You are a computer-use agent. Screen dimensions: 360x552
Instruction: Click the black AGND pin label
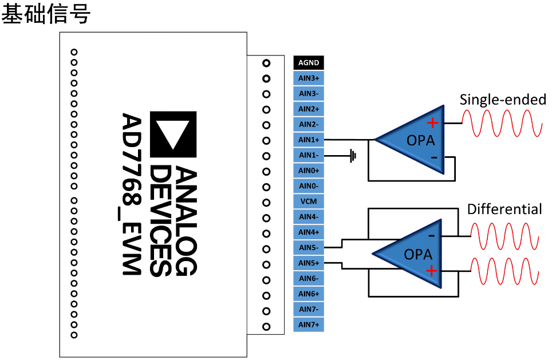(309, 63)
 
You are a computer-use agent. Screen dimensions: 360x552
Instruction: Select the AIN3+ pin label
(309, 78)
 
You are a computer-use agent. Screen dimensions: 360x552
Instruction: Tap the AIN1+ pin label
(309, 140)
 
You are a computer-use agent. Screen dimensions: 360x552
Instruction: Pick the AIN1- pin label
(309, 156)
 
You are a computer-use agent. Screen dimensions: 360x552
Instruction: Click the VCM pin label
(309, 201)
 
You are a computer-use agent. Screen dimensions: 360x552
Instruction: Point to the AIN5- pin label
(309, 248)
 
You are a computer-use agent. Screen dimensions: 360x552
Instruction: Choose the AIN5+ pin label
(309, 263)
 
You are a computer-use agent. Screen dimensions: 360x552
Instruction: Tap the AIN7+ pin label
(309, 325)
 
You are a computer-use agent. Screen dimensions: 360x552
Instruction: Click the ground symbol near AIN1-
(353, 155)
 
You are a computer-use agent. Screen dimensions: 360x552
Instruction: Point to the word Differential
(504, 209)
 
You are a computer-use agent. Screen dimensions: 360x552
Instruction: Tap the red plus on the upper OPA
(432, 122)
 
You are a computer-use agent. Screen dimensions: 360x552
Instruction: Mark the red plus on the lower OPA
(431, 271)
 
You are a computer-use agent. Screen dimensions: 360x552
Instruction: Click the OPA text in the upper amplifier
(420, 141)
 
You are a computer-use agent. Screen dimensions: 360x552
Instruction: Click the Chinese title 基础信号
(46, 14)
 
